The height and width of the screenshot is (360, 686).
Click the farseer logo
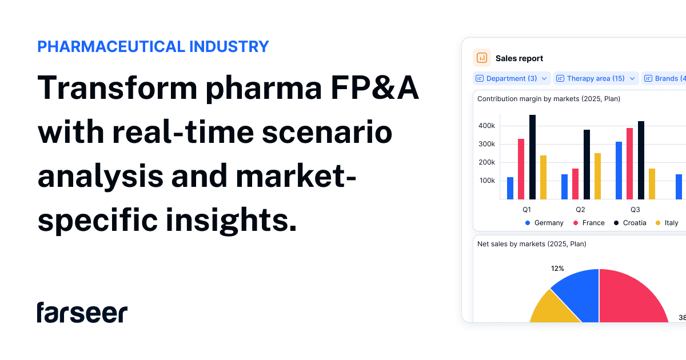[82, 313]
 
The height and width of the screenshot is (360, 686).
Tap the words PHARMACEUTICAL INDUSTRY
[153, 47]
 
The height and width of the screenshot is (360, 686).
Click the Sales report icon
[482, 58]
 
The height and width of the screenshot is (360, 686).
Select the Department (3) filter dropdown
[512, 78]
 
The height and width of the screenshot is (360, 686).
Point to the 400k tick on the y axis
[487, 126]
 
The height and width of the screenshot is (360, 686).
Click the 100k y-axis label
[487, 181]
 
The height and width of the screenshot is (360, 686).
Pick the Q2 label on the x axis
[580, 210]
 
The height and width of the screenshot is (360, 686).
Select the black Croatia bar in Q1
[532, 157]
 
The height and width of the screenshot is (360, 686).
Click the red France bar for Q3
[629, 163]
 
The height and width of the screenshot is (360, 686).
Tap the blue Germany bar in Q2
[564, 187]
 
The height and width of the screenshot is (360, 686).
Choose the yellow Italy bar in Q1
[543, 177]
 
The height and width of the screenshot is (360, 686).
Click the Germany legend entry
[544, 223]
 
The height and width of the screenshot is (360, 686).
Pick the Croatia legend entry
[630, 223]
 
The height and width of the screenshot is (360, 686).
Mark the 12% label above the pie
[557, 269]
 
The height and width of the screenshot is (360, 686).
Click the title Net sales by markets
[532, 244]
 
